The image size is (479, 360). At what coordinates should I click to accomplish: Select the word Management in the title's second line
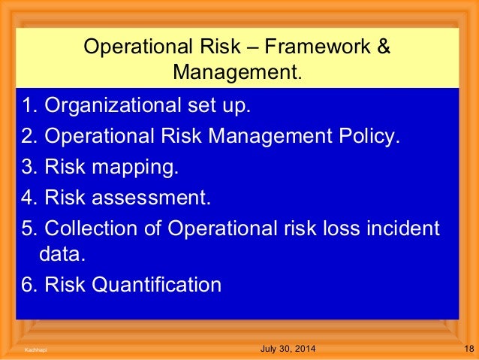pyautogui.click(x=235, y=73)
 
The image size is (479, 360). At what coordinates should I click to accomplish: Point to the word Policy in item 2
pyautogui.click(x=367, y=136)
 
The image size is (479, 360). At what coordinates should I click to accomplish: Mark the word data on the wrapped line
pyautogui.click(x=60, y=256)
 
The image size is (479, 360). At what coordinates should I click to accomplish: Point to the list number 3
pyautogui.click(x=27, y=166)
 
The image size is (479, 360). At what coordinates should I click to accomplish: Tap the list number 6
pyautogui.click(x=27, y=286)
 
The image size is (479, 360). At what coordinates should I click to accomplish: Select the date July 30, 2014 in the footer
pyautogui.click(x=288, y=349)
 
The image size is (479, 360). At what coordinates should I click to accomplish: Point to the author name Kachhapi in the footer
pyautogui.click(x=33, y=350)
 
